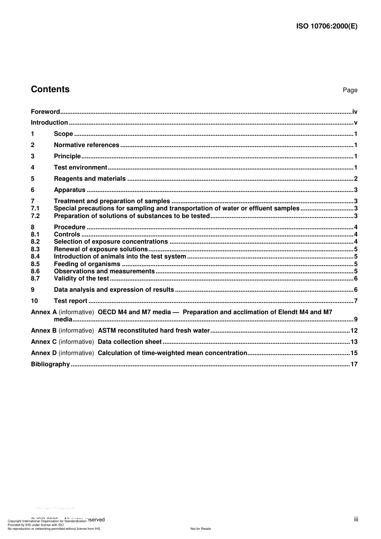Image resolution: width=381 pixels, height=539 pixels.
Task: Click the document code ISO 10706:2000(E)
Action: pos(326,26)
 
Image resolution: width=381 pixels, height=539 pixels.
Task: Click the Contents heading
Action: pos(50,89)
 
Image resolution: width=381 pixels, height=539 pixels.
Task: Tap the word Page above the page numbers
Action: pos(350,90)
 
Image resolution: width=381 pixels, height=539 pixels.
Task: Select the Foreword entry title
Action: pos(45,112)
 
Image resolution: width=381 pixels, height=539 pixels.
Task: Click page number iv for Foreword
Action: pos(355,112)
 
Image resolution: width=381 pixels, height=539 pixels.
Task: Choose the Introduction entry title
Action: pos(49,123)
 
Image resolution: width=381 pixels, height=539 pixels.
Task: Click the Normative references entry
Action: pos(86,145)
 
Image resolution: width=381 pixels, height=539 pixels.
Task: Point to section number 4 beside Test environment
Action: pos(32,168)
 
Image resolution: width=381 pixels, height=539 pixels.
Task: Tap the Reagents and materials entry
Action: pos(89,179)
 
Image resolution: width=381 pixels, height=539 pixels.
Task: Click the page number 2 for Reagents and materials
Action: pos(356,179)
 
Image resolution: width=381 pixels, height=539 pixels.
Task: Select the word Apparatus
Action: pos(69,190)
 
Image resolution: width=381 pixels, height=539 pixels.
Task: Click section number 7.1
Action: pos(35,208)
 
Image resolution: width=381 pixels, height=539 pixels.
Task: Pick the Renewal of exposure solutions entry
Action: pos(101,249)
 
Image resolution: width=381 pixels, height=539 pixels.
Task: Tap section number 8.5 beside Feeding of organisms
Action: pos(35,264)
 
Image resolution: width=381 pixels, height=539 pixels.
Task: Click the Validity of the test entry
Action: pos(81,279)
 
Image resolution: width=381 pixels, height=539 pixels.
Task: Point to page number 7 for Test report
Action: pos(356,301)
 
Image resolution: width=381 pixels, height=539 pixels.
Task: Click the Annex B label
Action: pos(44,331)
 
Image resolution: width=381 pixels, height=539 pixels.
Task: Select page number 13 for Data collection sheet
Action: pos(354,342)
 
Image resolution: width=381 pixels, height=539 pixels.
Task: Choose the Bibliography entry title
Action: pos(50,364)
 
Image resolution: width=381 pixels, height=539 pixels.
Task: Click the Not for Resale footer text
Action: pos(201,529)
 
